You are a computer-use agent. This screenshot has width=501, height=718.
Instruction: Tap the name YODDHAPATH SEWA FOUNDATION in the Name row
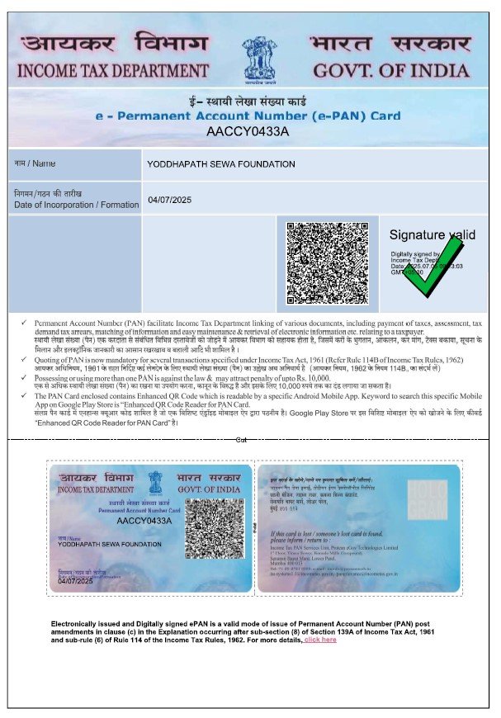tap(220, 164)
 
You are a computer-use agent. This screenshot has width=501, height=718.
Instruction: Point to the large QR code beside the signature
tap(325, 261)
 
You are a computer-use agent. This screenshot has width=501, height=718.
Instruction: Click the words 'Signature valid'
tap(432, 235)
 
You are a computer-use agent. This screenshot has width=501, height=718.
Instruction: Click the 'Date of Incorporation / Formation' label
tap(77, 205)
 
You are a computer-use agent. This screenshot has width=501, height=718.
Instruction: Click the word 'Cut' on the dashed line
tap(241, 440)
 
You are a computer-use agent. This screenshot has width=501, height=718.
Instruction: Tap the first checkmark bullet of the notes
tap(25, 322)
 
